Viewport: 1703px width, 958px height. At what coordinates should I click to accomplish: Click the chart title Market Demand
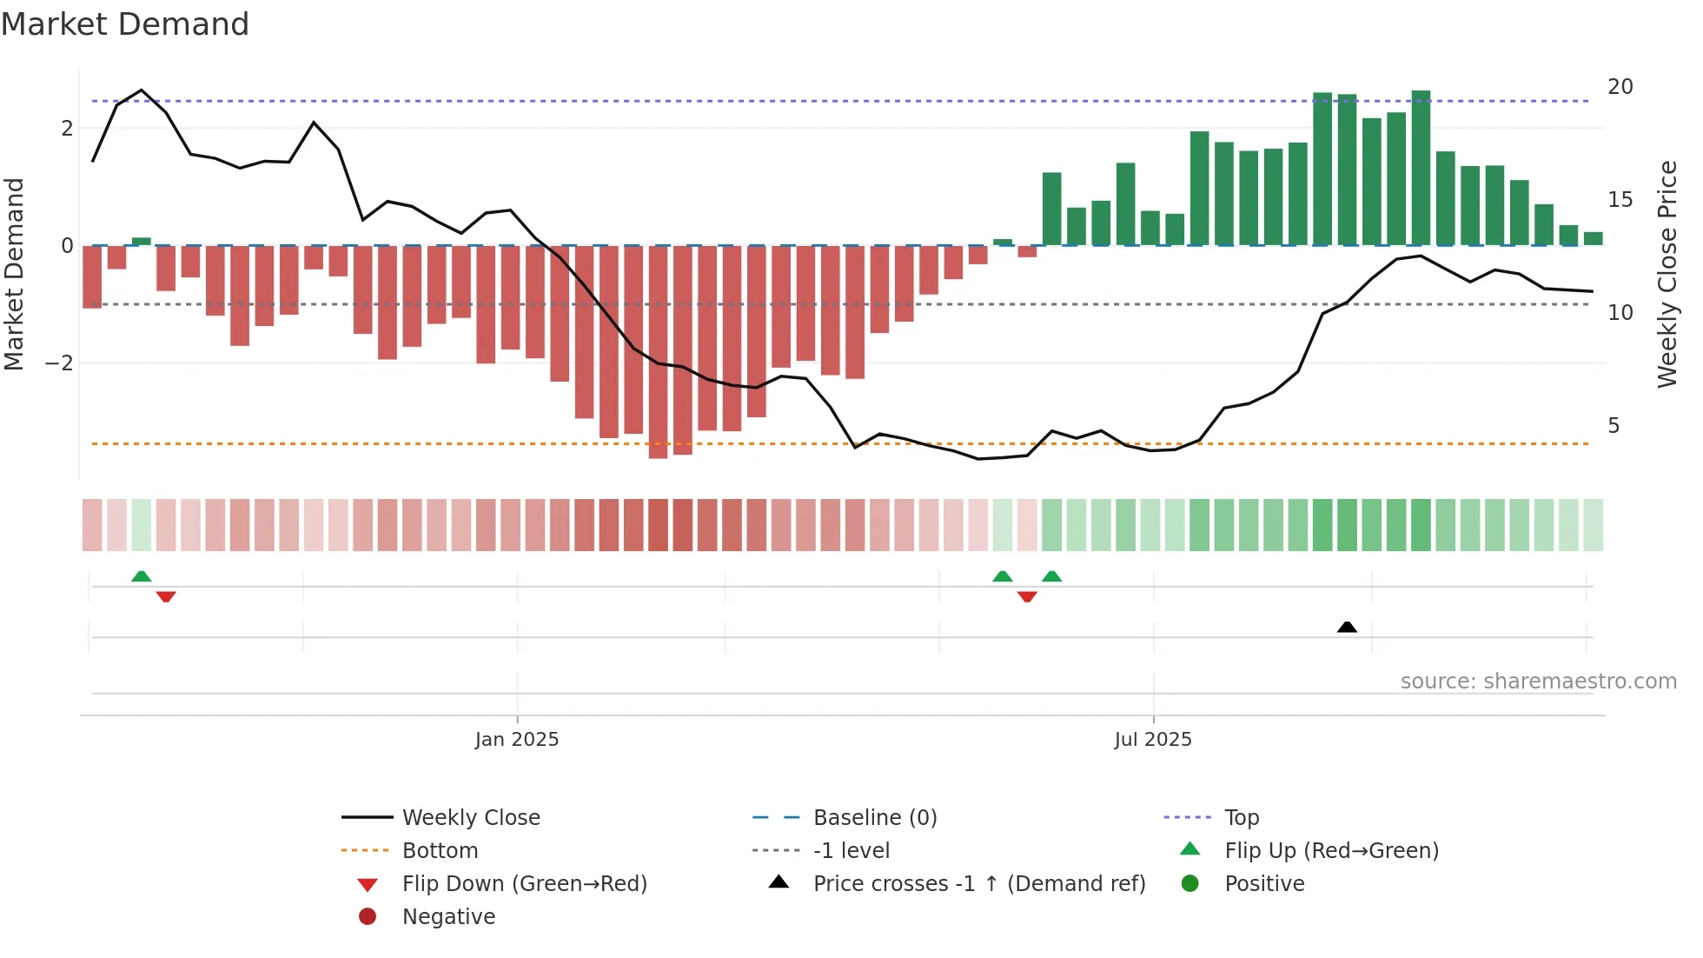click(x=125, y=24)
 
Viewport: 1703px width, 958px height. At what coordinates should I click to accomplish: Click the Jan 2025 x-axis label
click(x=517, y=740)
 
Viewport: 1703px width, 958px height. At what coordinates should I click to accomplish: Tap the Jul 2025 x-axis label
click(x=1153, y=740)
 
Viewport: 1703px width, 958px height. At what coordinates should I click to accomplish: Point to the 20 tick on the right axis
click(x=1620, y=87)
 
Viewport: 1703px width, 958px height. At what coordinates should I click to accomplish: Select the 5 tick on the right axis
click(x=1614, y=426)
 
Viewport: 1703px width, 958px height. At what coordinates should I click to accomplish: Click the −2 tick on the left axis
click(x=59, y=363)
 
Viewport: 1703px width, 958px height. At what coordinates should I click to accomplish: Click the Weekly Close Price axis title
click(x=1667, y=274)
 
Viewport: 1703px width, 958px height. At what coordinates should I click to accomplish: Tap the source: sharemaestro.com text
click(x=1538, y=682)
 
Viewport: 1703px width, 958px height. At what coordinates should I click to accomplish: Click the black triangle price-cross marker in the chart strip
click(x=1347, y=627)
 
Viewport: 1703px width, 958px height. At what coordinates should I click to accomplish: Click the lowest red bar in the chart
click(x=658, y=352)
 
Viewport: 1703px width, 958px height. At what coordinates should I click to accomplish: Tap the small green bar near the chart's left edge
click(x=142, y=242)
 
